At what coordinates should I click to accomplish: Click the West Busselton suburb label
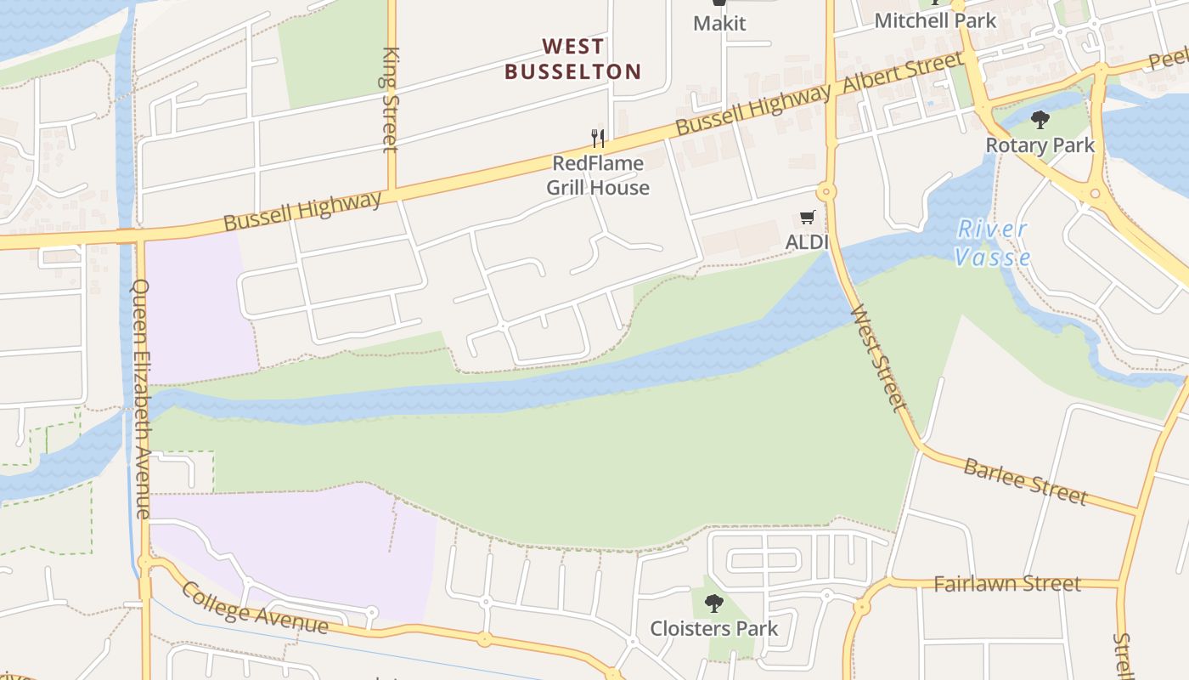point(573,59)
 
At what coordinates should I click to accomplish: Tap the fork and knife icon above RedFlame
point(598,138)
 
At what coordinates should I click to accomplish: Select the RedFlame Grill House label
point(598,175)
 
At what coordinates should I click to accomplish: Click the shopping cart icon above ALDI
point(807,218)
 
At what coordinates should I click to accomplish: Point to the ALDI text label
point(806,242)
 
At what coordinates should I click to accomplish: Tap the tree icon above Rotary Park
point(1040,120)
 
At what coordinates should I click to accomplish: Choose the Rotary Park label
point(1040,145)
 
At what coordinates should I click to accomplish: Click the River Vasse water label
point(992,243)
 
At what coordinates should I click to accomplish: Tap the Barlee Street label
point(1025,480)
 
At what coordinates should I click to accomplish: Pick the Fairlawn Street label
point(1006,584)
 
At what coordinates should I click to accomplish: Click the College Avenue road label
point(254,609)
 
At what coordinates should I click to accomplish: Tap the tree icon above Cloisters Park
point(714,603)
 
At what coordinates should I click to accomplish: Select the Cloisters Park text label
point(714,629)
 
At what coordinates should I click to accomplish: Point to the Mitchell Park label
point(934,20)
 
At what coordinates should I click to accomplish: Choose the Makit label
point(719,23)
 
